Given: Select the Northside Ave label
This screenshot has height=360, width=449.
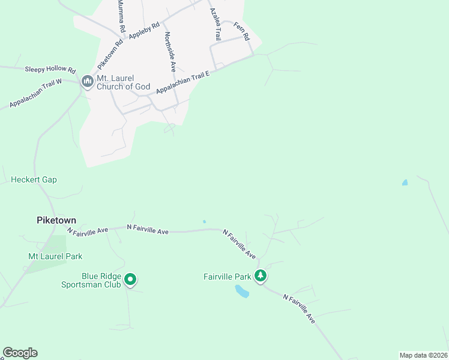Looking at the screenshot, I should (170, 52).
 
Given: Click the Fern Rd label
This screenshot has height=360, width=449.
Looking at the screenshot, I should (243, 32).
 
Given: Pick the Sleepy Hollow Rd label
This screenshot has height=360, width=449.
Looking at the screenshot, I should (50, 70).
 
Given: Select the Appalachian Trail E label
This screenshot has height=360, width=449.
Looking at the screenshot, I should (182, 83).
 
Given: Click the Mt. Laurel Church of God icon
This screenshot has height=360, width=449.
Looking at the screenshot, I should (87, 81).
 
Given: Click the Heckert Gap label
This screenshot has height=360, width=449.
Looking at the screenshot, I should (34, 179).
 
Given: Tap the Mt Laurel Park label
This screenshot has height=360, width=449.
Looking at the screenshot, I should (55, 256).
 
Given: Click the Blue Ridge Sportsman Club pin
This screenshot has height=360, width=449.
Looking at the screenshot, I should (130, 279).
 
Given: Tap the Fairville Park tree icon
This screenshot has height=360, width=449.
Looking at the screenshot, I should (261, 276).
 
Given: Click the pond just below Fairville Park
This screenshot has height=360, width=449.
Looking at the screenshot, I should (241, 292).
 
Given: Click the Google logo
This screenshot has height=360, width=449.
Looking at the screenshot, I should (20, 353).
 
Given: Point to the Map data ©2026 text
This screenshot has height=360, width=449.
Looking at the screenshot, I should (423, 355).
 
